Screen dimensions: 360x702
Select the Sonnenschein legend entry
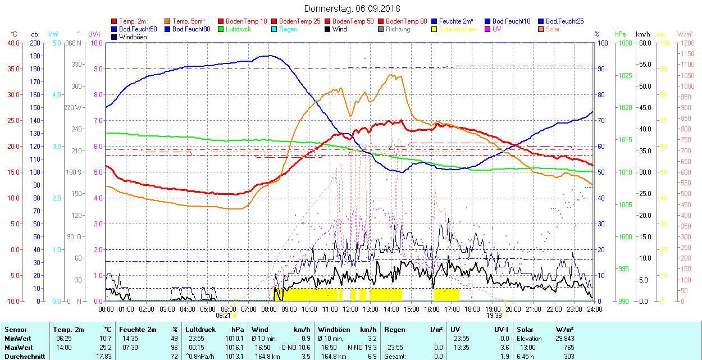(x=458, y=29)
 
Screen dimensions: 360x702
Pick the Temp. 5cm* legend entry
(x=189, y=21)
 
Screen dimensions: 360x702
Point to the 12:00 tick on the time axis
(x=350, y=309)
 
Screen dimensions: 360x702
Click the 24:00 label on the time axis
(x=594, y=309)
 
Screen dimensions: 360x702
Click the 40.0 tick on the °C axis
(x=12, y=43)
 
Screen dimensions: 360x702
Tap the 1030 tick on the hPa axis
(x=622, y=43)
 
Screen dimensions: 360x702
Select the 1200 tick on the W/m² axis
(x=686, y=43)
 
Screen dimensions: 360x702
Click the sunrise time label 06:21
(x=223, y=316)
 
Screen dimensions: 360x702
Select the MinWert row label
(x=19, y=339)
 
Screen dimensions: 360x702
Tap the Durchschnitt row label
(x=25, y=356)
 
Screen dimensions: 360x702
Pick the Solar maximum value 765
(x=569, y=347)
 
